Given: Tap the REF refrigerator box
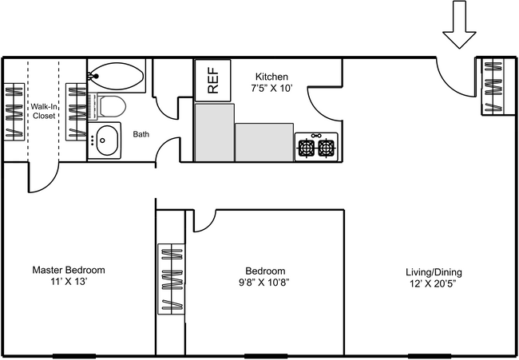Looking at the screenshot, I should coord(212,80).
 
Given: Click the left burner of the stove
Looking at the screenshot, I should coord(306,148).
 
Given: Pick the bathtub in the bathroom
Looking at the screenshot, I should coord(116,77).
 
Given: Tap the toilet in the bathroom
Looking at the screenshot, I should coord(109,107).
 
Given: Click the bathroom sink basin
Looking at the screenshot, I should coord(104,140).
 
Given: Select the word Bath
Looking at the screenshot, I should coord(141,134).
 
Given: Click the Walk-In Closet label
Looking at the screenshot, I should coord(44,111).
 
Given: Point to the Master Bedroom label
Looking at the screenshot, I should coord(69,270).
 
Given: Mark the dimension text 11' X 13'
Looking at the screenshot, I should coord(69,283).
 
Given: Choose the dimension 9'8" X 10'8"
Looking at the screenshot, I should coord(263,283).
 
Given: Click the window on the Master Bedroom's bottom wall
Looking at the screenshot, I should coord(74,354).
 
